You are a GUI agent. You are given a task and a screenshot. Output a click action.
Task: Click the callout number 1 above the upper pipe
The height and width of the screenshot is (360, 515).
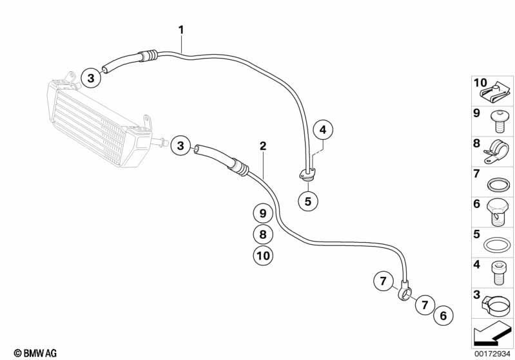click(181, 30)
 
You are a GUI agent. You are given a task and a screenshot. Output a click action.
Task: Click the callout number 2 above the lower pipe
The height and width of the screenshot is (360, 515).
click(263, 146)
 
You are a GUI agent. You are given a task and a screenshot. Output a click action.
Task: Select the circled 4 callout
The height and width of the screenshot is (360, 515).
click(323, 130)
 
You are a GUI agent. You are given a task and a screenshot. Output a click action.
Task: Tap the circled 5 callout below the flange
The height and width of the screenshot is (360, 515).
click(307, 201)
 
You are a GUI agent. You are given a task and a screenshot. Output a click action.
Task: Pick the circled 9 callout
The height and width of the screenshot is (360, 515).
click(263, 214)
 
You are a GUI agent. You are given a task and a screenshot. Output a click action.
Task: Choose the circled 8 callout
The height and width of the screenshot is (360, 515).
click(263, 234)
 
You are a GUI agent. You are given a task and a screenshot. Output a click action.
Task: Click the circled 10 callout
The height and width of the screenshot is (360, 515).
click(263, 255)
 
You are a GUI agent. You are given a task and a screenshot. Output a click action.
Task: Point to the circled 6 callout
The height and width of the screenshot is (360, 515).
click(443, 316)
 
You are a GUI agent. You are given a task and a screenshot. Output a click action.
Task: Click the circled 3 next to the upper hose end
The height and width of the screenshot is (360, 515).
click(91, 79)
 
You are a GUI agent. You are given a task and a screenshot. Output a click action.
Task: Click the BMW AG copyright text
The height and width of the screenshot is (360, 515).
click(35, 353)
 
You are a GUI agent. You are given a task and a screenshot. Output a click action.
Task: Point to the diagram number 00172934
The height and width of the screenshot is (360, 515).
click(492, 354)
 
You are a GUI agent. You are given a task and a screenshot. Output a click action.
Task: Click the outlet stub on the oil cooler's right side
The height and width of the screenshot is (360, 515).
click(160, 142)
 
